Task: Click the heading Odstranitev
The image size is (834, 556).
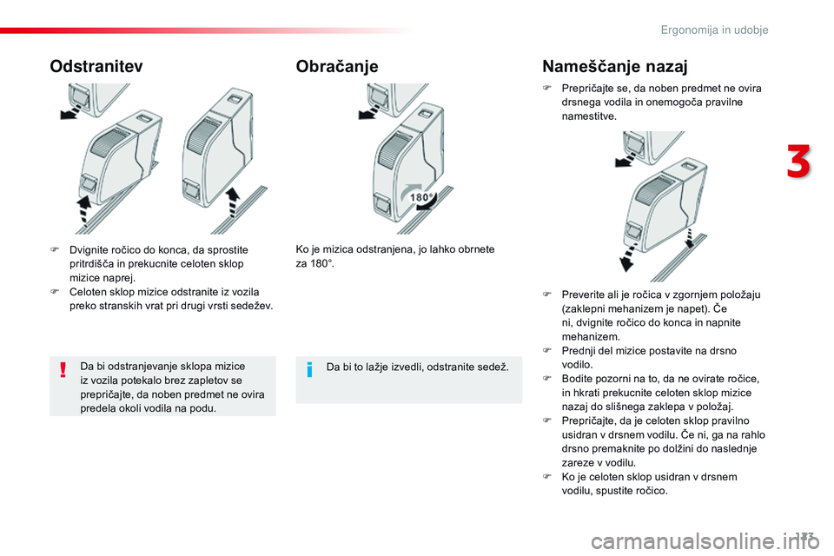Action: [x=96, y=66]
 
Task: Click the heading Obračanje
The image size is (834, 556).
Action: [x=337, y=66]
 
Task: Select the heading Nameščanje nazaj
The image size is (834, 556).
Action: [x=614, y=66]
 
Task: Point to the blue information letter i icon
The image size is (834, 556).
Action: [x=310, y=368]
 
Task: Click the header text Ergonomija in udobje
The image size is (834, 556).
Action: [x=715, y=30]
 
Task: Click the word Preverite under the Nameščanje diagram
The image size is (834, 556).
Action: [x=583, y=294]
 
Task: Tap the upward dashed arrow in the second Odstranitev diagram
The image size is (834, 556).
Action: [x=233, y=203]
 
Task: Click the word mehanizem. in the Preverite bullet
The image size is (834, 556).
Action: [x=591, y=335]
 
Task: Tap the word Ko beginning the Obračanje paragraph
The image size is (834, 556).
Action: [x=302, y=250]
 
